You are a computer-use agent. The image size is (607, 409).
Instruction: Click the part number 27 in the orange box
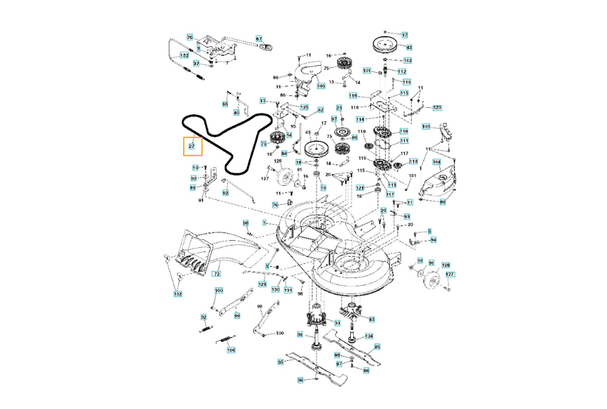[x=192, y=146]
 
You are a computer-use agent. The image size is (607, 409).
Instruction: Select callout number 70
[x=190, y=37]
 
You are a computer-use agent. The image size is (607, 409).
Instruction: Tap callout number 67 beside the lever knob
[x=259, y=39]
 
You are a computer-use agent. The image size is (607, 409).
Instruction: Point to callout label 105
[x=321, y=86]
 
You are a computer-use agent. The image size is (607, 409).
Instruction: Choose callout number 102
[x=407, y=60]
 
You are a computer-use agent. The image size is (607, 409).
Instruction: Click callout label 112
[x=402, y=72]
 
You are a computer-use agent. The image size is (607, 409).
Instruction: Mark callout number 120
[x=437, y=108]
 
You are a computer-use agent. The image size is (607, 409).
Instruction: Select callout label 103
[x=426, y=126]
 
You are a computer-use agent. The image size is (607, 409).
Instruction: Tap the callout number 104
[x=436, y=162]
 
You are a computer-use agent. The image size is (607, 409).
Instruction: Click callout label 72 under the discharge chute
[x=217, y=274]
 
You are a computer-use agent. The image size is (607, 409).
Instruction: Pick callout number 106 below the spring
[x=231, y=350]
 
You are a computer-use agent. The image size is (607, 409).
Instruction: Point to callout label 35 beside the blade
[x=281, y=362]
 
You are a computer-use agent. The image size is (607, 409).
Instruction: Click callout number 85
[x=377, y=347]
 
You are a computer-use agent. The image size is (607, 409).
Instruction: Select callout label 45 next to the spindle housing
[x=372, y=319]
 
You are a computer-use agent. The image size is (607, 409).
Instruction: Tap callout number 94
[x=433, y=240]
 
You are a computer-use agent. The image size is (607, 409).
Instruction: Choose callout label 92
[x=226, y=193]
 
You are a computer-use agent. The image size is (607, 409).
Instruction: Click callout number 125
[x=304, y=107]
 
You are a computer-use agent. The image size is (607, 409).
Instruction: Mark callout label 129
[x=262, y=284]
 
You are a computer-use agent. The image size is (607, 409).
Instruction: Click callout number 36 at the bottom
[x=300, y=380]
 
